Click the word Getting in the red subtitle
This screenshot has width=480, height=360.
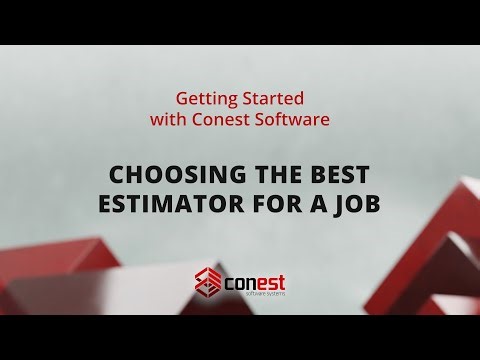point(201,101)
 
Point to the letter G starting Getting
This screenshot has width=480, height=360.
point(181,100)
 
